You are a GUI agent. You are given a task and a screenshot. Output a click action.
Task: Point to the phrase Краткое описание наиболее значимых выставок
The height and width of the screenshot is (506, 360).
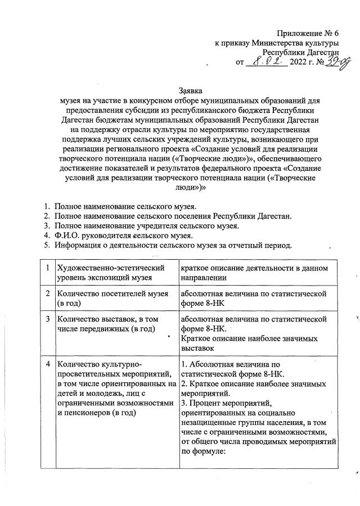point(250,344)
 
